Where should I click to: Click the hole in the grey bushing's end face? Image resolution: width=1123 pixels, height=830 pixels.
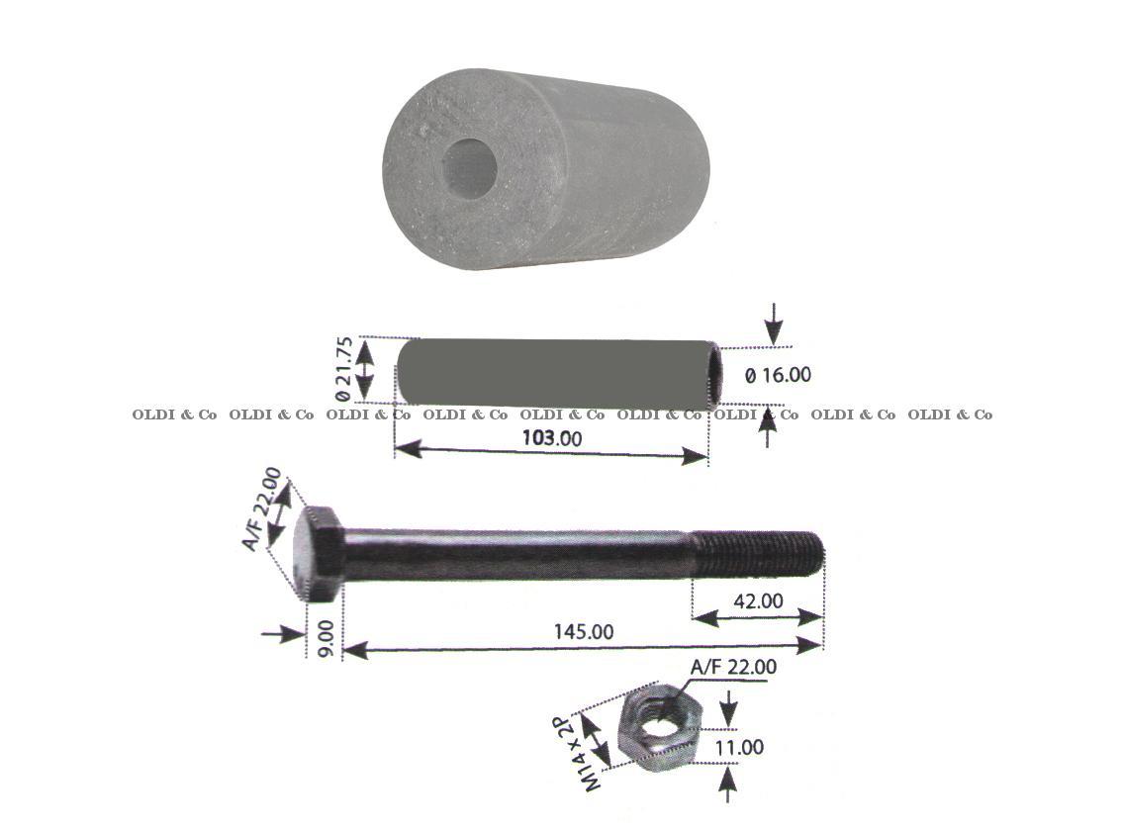(469, 168)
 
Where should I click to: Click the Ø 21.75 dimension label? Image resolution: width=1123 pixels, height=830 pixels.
(343, 369)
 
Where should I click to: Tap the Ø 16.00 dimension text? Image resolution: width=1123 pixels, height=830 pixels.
(778, 375)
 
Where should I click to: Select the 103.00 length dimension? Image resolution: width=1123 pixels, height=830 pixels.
(551, 437)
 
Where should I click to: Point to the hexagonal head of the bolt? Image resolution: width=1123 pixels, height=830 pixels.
(320, 554)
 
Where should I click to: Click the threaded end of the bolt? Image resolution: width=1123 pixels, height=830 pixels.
(758, 554)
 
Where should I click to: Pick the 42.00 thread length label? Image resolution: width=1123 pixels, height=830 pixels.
(758, 600)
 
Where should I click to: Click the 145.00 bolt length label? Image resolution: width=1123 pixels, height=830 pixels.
(584, 631)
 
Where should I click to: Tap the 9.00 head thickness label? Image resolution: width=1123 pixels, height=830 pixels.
(326, 639)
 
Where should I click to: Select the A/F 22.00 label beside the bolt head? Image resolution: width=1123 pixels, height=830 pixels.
(262, 507)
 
